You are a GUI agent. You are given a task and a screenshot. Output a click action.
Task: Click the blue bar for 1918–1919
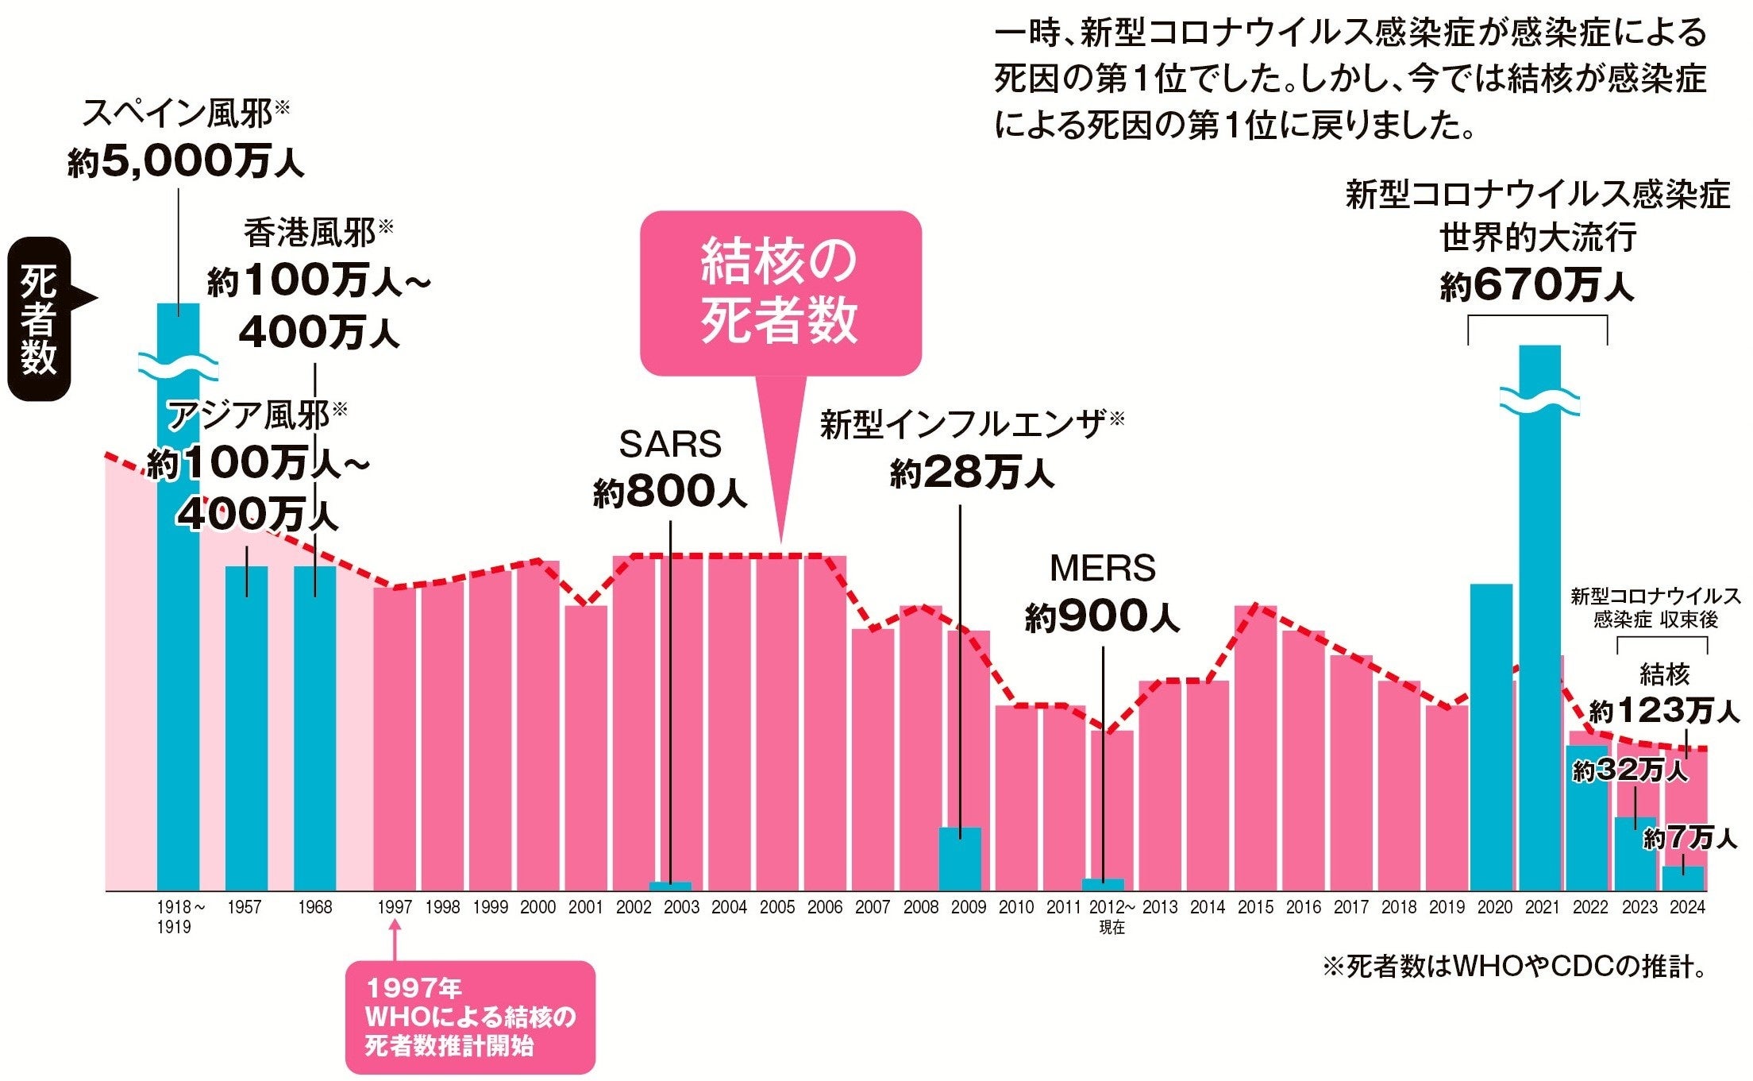point(178,596)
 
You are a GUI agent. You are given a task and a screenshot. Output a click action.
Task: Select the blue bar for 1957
point(246,728)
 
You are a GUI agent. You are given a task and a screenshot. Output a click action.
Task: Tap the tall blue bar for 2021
point(1539,618)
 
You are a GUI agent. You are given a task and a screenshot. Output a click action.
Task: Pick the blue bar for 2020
point(1491,737)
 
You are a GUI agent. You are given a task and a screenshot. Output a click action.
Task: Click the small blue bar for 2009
point(960,859)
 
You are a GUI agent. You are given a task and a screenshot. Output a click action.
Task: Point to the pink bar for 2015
point(1255,748)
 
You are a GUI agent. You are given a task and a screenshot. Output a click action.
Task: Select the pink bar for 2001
point(586,748)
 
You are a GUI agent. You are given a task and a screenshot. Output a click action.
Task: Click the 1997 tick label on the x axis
point(395,907)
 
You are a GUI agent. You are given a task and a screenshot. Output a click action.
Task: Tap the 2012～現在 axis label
point(1112,917)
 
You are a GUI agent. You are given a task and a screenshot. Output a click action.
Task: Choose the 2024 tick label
point(1687,907)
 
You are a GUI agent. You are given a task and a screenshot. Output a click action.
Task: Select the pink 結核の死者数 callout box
point(780,293)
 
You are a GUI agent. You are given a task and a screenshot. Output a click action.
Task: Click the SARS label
point(670,444)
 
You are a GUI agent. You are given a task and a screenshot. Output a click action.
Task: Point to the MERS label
point(1102,568)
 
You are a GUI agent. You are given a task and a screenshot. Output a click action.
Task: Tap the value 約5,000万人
point(186,161)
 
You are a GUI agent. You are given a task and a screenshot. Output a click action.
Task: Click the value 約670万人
point(1537,284)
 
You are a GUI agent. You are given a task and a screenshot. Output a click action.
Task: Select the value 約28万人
point(972,473)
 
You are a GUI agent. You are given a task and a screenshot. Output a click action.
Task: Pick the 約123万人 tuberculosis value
point(1664,710)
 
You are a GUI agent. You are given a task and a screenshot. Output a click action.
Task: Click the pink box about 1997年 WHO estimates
point(470,1017)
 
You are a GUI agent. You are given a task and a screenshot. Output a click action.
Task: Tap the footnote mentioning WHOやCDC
point(1515,967)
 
